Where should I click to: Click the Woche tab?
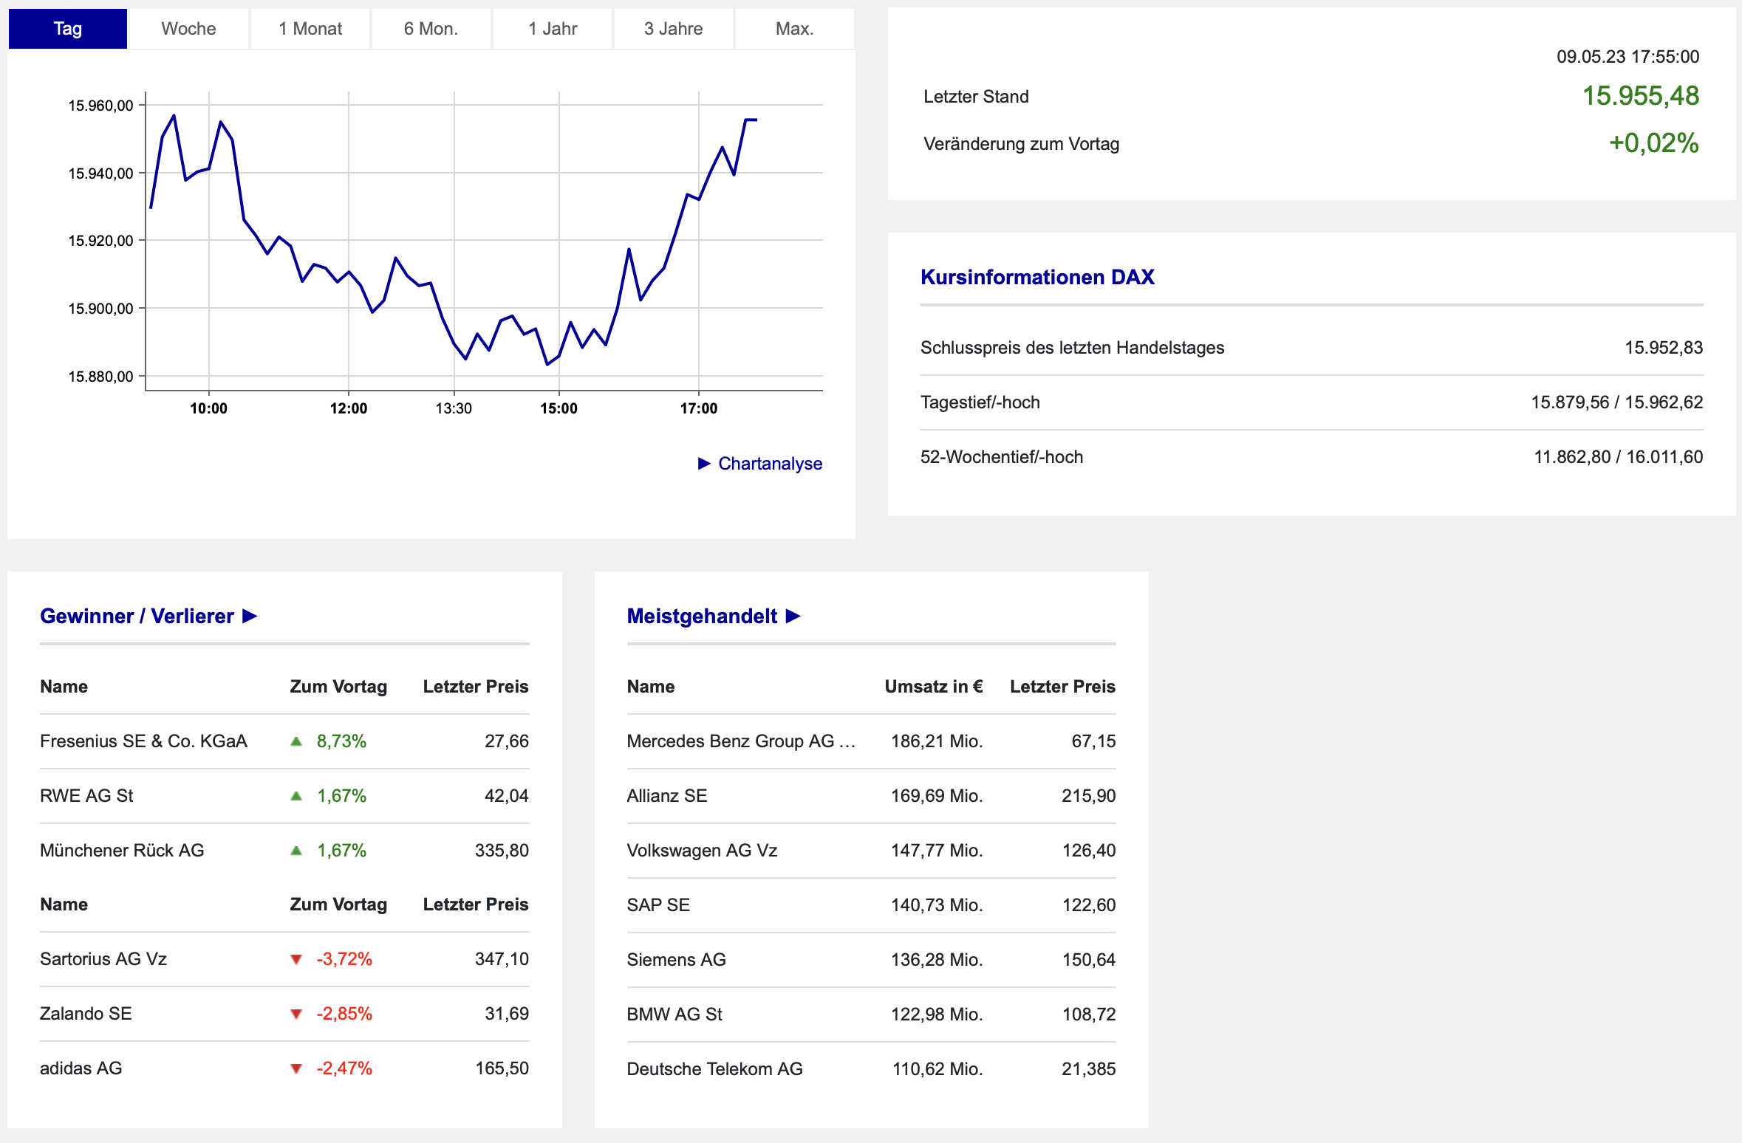[188, 29]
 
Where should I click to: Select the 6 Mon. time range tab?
[431, 29]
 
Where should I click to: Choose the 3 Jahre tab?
[673, 29]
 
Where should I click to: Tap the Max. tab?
[794, 29]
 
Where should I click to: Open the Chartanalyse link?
[760, 464]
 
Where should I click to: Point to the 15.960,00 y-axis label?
[100, 106]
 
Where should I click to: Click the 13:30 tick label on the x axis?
[454, 408]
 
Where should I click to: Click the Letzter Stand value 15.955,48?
[1641, 96]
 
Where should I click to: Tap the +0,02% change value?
[1654, 143]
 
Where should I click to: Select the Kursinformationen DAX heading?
[1037, 277]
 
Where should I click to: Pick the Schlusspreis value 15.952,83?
[1664, 348]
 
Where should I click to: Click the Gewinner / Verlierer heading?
[137, 616]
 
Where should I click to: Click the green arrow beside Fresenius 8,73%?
[296, 741]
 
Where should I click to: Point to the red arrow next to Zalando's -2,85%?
[296, 1014]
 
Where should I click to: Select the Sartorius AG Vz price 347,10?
[502, 959]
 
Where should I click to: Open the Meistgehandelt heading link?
[714, 616]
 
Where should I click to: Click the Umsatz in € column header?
[934, 687]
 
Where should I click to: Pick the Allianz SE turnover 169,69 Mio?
[937, 796]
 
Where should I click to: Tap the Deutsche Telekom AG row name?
[714, 1069]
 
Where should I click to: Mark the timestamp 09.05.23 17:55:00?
[1628, 57]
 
